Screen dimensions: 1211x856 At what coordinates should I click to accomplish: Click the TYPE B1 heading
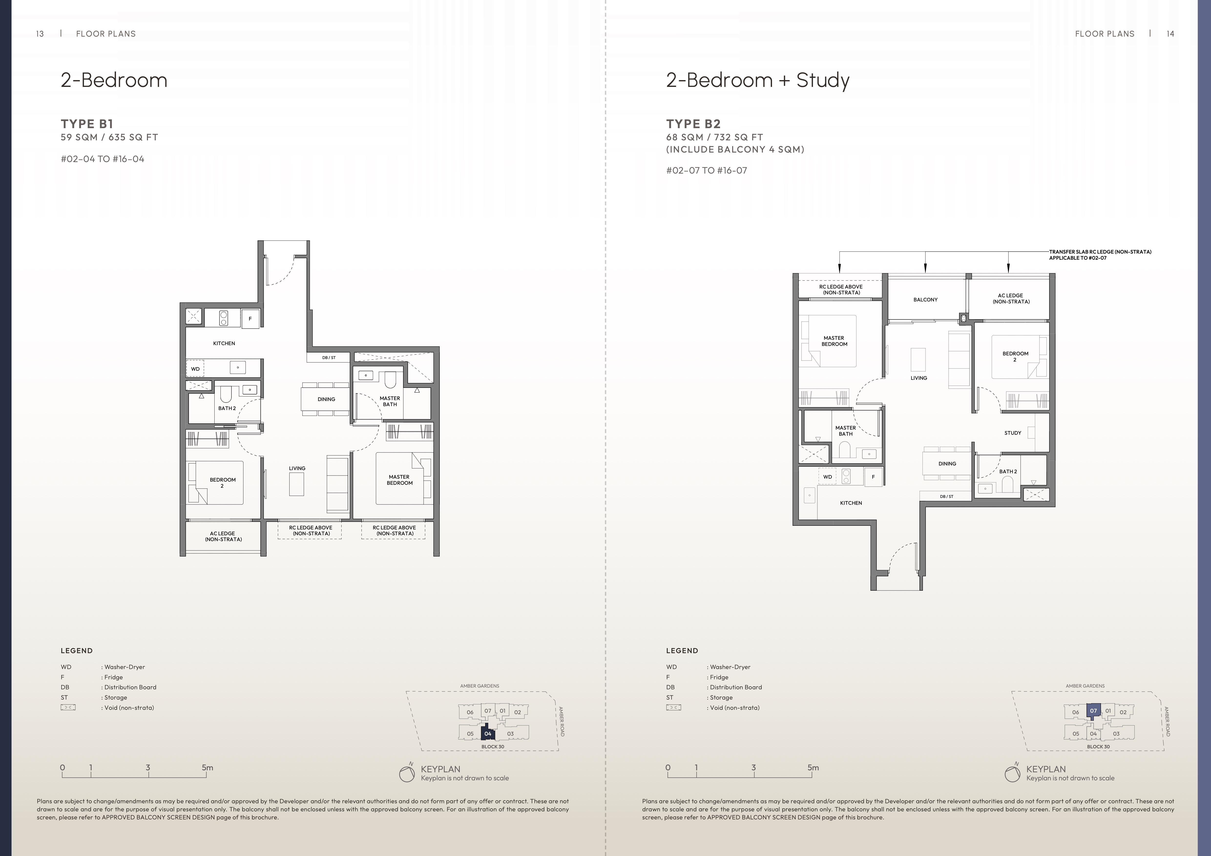coord(87,124)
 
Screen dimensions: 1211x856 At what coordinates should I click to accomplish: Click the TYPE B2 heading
coord(693,124)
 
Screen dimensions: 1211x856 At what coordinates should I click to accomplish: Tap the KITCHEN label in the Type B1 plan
coord(224,343)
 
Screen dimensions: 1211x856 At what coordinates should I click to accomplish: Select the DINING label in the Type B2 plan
coord(947,464)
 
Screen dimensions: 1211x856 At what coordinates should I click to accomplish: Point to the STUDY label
coord(1013,433)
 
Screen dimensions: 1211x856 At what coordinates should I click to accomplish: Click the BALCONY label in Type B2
coord(926,299)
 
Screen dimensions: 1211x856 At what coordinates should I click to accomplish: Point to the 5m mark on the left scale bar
coord(207,768)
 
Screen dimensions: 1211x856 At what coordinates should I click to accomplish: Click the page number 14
coord(1170,34)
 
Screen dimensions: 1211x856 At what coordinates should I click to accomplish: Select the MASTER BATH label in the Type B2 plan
coord(846,431)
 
